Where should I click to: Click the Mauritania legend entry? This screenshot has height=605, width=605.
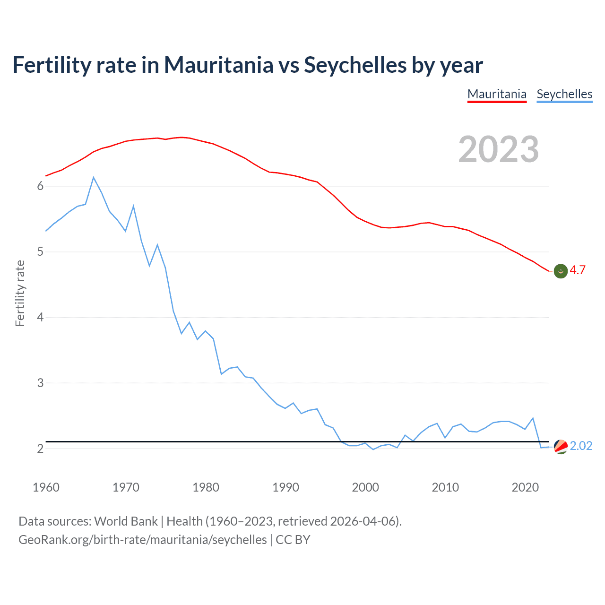[497, 94]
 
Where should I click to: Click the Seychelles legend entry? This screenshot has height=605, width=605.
[564, 94]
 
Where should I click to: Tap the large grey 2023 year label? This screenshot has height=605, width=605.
[498, 149]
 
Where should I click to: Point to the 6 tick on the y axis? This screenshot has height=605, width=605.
[40, 186]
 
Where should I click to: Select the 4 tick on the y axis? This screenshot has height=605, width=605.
[40, 317]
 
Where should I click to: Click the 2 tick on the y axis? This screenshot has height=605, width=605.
[40, 449]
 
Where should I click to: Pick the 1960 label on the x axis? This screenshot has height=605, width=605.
[46, 487]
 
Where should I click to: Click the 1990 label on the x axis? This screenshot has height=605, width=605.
[285, 487]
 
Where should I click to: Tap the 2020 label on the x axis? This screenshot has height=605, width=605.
[525, 487]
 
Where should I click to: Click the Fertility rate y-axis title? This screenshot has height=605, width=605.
[20, 293]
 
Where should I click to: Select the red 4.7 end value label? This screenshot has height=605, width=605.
[578, 270]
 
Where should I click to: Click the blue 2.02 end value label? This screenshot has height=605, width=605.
[581, 446]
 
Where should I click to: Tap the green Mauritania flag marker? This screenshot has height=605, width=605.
[561, 271]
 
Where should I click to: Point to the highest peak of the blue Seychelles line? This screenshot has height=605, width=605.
[94, 178]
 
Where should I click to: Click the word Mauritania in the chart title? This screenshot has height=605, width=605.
[218, 65]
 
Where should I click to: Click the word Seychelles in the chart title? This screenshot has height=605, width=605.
[355, 65]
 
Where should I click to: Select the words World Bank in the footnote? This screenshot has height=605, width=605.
[126, 521]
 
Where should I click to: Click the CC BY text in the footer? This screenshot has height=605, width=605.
[293, 540]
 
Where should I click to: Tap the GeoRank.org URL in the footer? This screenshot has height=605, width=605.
[142, 540]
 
